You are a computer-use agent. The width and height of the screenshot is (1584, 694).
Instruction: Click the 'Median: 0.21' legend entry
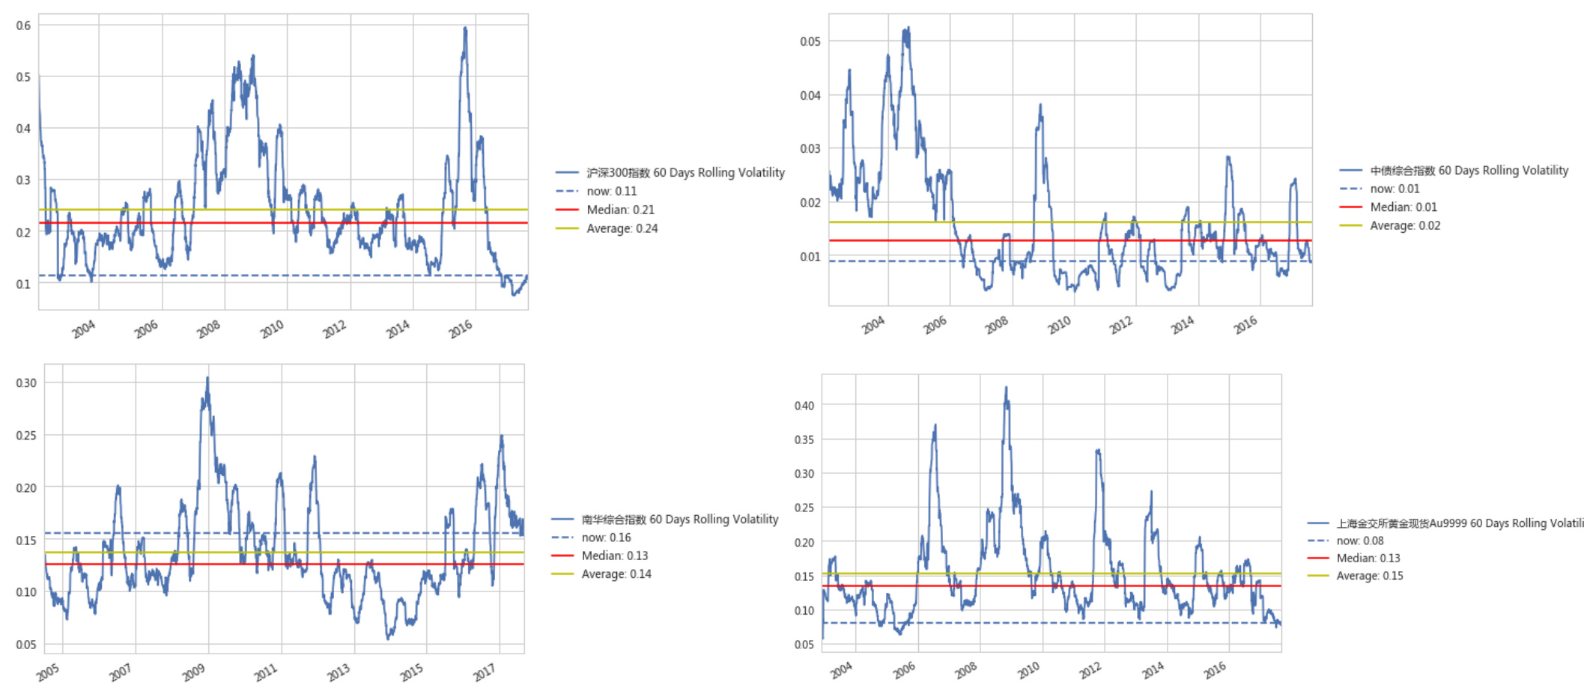coord(620,210)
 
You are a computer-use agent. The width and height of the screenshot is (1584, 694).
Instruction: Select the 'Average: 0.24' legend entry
coord(622,228)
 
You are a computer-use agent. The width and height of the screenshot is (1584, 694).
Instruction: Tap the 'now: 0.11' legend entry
coord(611,191)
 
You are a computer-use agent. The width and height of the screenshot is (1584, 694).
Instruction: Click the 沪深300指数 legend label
coord(685,172)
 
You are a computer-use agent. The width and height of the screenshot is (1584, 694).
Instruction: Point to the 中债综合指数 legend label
coord(1469,171)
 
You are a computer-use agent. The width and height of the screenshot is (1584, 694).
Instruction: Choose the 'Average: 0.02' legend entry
coord(1405,225)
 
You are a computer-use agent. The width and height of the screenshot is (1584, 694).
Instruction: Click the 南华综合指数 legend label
coord(680,519)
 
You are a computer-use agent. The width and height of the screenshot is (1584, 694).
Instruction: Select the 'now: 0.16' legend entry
coord(606,538)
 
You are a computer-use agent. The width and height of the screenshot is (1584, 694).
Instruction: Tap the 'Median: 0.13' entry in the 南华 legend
coord(615,555)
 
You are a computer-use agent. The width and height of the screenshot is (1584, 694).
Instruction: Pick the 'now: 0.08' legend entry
coord(1360,541)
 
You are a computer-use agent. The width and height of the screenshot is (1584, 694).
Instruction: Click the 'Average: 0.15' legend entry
coord(1370,576)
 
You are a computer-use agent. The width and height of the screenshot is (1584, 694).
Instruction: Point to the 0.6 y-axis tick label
coord(23,25)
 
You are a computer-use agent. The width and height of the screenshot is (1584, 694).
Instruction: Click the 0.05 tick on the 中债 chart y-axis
coord(810,41)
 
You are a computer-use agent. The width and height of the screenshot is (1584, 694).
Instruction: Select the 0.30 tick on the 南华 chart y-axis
coord(26,383)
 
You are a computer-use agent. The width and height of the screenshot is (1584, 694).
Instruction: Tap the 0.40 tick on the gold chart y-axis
coord(804,406)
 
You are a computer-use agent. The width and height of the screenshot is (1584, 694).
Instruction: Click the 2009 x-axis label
coord(193,672)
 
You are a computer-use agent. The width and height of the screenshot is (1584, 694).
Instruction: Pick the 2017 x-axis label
coord(484,672)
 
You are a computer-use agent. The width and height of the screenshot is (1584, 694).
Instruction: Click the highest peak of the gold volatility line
coord(1006,388)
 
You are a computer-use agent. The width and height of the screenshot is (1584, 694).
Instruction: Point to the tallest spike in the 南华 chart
coord(207,378)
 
